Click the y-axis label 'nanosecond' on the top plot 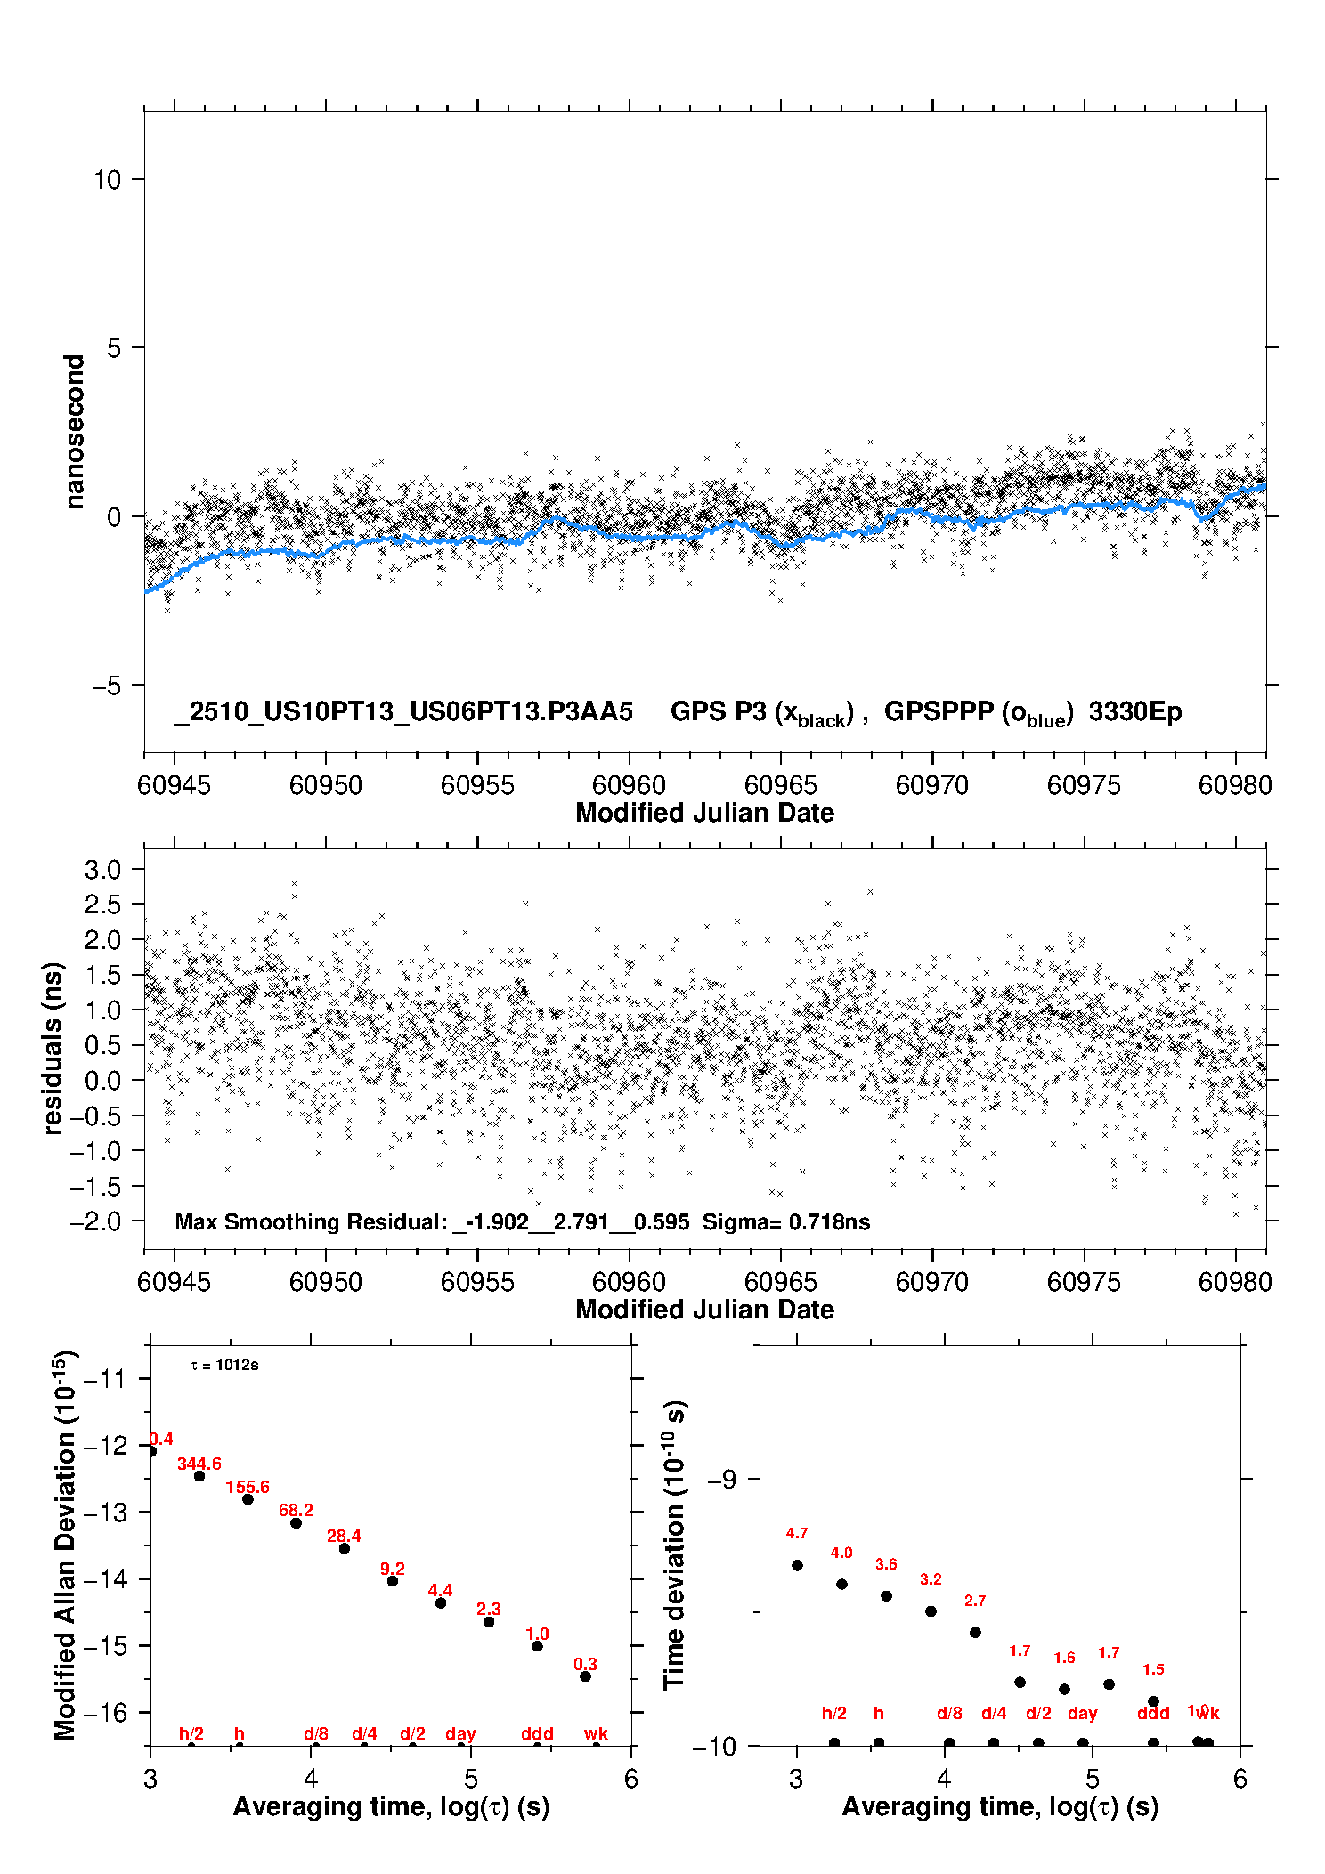[x=75, y=431]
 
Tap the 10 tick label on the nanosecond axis [x=107, y=180]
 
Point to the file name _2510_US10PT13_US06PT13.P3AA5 [x=403, y=712]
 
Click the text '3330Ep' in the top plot [x=1135, y=712]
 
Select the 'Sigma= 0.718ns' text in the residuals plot [x=786, y=1222]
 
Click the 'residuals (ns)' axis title [x=53, y=1048]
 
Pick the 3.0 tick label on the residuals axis [x=102, y=870]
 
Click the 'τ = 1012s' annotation [x=224, y=1366]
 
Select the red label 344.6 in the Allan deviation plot [x=199, y=1464]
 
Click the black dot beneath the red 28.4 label [x=345, y=1549]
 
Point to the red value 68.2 [x=296, y=1511]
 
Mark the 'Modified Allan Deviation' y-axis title [x=65, y=1545]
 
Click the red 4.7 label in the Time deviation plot [x=797, y=1533]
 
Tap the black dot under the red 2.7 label [x=975, y=1633]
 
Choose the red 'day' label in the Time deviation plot [x=1082, y=1714]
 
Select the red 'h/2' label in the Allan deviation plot [x=191, y=1734]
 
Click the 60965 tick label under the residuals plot [x=780, y=1282]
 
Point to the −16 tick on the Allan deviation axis [x=106, y=1713]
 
